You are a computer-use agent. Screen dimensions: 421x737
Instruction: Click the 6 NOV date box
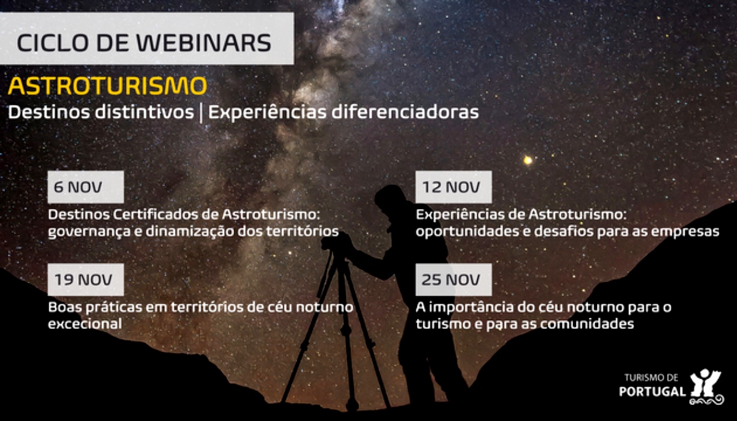(85, 187)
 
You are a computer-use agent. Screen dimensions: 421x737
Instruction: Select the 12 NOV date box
(453, 187)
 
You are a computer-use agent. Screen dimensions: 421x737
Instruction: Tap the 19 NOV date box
(85, 280)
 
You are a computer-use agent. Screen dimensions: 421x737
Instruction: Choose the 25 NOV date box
(453, 280)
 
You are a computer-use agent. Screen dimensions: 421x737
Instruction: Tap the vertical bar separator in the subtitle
(201, 113)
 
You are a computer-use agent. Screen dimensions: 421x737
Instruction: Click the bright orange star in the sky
(527, 160)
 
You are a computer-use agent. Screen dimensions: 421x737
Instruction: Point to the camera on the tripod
(335, 242)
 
